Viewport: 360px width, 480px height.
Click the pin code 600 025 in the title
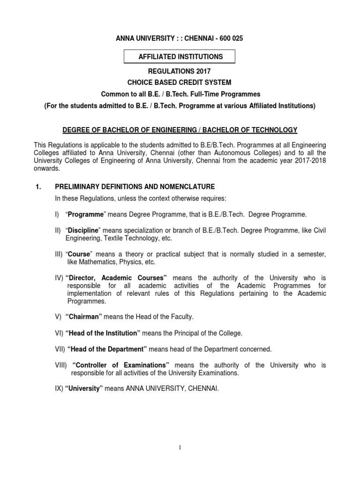click(x=227, y=39)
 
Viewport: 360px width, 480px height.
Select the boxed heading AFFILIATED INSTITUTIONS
click(x=180, y=57)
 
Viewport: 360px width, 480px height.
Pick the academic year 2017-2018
click(x=306, y=160)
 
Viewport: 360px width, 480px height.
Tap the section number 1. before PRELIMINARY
click(x=39, y=187)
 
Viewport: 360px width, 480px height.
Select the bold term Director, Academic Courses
click(x=116, y=278)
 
